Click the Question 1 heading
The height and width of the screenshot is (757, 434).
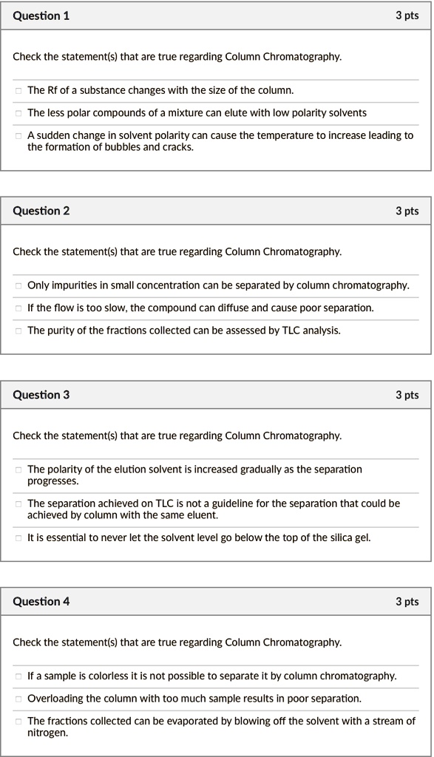click(41, 16)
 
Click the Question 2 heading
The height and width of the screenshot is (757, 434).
click(41, 211)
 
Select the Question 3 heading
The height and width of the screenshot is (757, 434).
click(41, 395)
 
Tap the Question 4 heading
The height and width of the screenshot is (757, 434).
click(41, 601)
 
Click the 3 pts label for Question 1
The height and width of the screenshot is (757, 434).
click(407, 16)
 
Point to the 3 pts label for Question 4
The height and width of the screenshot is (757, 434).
click(407, 601)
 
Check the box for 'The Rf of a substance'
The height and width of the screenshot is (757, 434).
click(18, 91)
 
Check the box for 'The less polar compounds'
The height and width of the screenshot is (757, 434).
click(18, 113)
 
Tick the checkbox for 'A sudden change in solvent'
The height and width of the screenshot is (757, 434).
click(18, 136)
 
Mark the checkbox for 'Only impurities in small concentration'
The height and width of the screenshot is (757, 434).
click(18, 286)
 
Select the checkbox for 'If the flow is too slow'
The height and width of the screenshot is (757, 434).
click(18, 308)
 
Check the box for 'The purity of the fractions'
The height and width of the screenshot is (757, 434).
click(18, 331)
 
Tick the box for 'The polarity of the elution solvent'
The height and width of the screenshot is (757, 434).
click(18, 470)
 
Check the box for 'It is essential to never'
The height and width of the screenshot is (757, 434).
click(18, 538)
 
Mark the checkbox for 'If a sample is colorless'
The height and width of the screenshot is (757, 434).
click(18, 676)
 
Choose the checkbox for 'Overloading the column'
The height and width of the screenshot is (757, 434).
click(18, 699)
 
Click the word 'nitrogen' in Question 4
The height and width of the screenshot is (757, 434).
click(47, 733)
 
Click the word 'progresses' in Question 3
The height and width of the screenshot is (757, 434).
click(52, 481)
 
